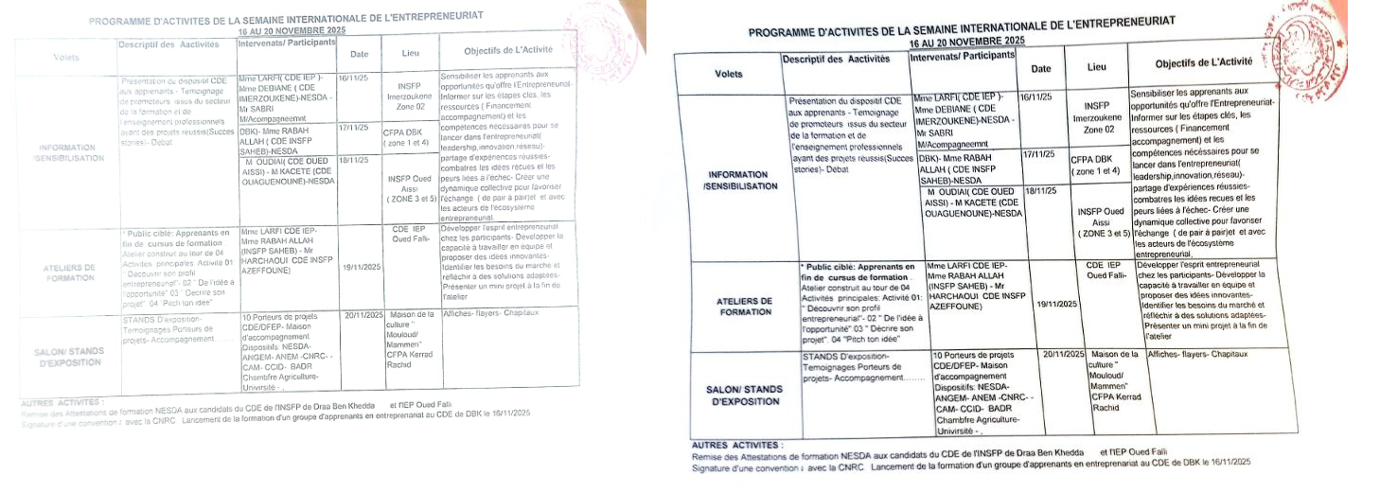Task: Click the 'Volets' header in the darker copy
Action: [x=729, y=73]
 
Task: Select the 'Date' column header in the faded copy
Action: [x=359, y=54]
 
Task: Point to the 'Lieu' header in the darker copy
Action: [x=1096, y=67]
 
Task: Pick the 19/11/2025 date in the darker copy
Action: [x=1057, y=304]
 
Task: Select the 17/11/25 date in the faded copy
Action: [x=352, y=128]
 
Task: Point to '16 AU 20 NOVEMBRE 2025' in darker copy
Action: [x=966, y=42]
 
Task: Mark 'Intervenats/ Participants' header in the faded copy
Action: [x=288, y=43]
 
